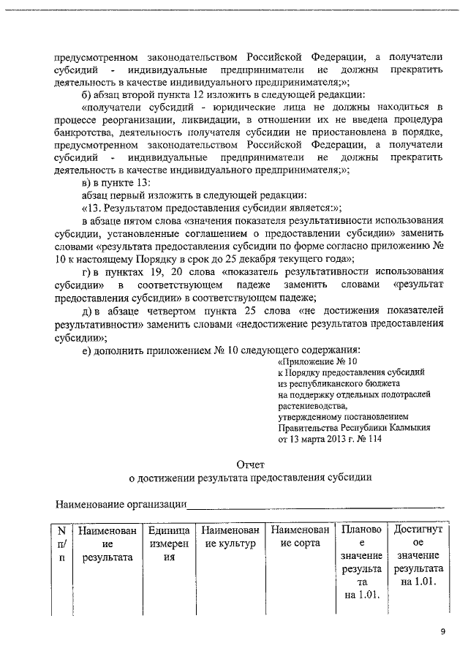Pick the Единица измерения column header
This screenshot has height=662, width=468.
(169, 543)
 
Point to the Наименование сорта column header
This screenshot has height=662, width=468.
(298, 536)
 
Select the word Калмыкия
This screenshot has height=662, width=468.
(408, 427)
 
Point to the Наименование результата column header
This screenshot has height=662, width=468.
(107, 543)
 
